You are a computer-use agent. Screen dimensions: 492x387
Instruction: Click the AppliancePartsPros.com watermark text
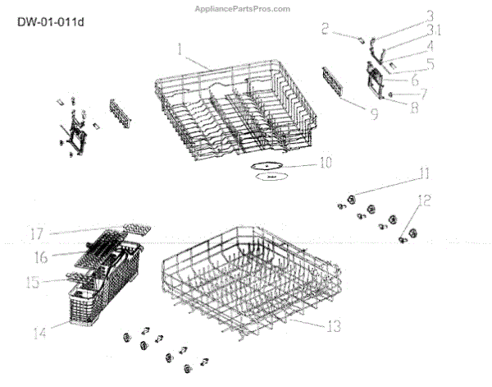coord(245,9)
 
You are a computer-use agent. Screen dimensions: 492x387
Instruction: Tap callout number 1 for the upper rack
coord(177,51)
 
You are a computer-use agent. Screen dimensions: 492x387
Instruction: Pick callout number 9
coord(374,114)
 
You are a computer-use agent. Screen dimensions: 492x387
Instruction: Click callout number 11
coord(423,173)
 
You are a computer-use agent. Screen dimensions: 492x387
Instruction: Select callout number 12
coord(423,200)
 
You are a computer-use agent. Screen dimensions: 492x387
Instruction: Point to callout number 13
coord(331,326)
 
